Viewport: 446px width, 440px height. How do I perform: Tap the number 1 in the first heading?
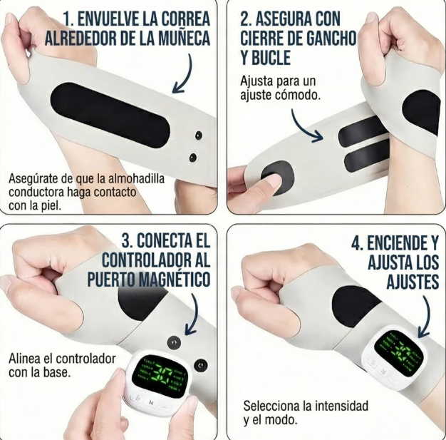coord(68,16)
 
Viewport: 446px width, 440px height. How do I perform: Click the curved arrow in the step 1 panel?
coord(185,78)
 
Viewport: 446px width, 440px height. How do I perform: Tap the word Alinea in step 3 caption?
coord(26,358)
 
